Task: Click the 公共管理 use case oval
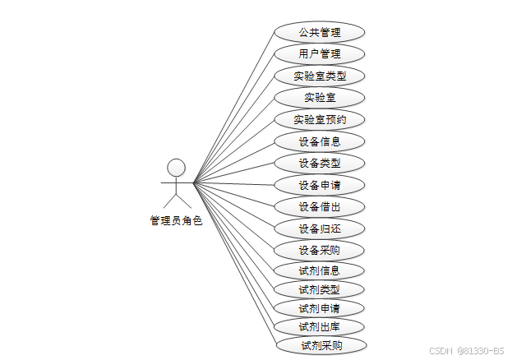pos(320,33)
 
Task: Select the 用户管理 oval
pos(320,54)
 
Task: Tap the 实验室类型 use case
pos(320,76)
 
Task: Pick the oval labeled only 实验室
pos(320,98)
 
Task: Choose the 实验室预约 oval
pos(320,119)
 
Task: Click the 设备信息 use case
pos(320,141)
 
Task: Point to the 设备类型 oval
pos(320,163)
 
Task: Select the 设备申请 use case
pos(320,185)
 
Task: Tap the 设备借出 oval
pos(320,206)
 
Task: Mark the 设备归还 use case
pos(320,228)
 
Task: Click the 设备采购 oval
pos(320,250)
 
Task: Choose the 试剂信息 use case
pos(320,270)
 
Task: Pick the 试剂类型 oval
pos(320,289)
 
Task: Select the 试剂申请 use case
pos(320,308)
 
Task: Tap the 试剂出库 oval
pos(320,327)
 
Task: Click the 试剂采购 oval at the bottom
pos(320,346)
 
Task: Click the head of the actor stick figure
pos(176,168)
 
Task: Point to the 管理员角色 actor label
pos(175,220)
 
